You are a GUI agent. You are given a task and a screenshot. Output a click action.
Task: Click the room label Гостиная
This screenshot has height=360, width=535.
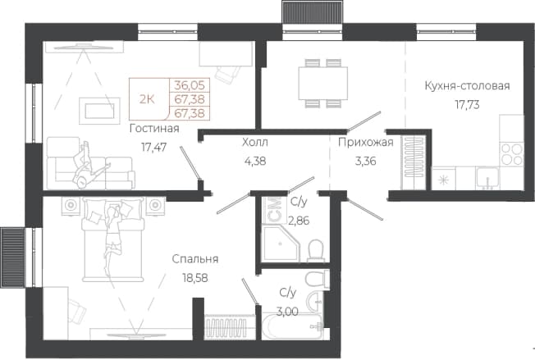tap(154, 129)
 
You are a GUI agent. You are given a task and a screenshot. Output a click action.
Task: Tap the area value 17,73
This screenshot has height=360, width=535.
tap(467, 105)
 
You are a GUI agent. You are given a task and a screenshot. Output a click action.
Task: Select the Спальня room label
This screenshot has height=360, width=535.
tap(195, 259)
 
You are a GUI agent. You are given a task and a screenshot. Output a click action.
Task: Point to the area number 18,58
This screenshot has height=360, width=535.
tap(195, 278)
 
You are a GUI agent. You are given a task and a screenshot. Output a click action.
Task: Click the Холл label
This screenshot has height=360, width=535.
tap(255, 142)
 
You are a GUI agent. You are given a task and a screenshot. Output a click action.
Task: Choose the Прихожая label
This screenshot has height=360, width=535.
tap(366, 142)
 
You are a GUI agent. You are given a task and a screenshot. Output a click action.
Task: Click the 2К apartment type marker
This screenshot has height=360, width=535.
tap(147, 99)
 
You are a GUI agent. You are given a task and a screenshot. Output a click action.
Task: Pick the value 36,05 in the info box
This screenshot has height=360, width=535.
tap(190, 85)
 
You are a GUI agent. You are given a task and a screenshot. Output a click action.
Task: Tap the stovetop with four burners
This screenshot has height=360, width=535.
tap(511, 154)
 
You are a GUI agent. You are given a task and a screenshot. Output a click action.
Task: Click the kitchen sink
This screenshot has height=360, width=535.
tap(487, 178)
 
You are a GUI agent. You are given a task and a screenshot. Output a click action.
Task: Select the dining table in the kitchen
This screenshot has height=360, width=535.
tap(323, 83)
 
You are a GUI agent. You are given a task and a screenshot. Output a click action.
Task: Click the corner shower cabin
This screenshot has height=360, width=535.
tap(281, 244)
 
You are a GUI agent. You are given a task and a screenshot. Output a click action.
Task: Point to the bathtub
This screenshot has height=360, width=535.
tap(292, 326)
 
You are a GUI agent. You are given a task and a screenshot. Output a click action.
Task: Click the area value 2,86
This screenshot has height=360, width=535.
tap(299, 221)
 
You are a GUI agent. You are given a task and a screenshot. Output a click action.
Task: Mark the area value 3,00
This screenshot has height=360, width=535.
tap(287, 312)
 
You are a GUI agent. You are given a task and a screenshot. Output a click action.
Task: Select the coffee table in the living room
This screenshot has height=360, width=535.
tap(99, 111)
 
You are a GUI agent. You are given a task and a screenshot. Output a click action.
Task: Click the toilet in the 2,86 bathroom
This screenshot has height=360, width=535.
tap(315, 251)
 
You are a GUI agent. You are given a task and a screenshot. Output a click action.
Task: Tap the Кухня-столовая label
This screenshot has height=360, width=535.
tap(467, 85)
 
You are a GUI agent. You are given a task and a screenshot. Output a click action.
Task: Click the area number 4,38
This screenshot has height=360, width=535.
tap(255, 161)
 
